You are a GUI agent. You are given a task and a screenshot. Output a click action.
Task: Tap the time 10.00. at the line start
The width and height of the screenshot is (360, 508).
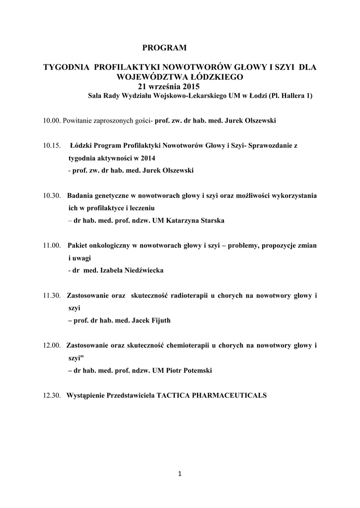pos(52,121)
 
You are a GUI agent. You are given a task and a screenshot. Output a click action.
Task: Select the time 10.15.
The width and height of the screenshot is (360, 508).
pos(52,146)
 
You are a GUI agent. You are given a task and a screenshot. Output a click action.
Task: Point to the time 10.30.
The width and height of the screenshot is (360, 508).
pos(52,195)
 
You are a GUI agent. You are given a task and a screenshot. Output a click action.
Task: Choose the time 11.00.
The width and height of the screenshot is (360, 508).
pos(52,246)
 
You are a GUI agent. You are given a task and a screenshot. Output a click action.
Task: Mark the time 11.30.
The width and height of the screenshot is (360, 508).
pos(52,296)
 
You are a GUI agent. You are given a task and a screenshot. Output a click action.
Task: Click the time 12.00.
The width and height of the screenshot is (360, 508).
pos(52,345)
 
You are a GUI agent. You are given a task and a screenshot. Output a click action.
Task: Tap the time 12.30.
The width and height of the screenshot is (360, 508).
pos(52,395)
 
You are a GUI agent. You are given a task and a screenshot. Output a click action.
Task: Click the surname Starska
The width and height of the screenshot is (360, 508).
pos(212,220)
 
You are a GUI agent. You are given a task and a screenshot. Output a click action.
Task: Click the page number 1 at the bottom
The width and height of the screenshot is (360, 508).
pos(180,474)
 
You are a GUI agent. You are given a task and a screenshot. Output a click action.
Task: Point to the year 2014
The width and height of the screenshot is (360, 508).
pos(147,158)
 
